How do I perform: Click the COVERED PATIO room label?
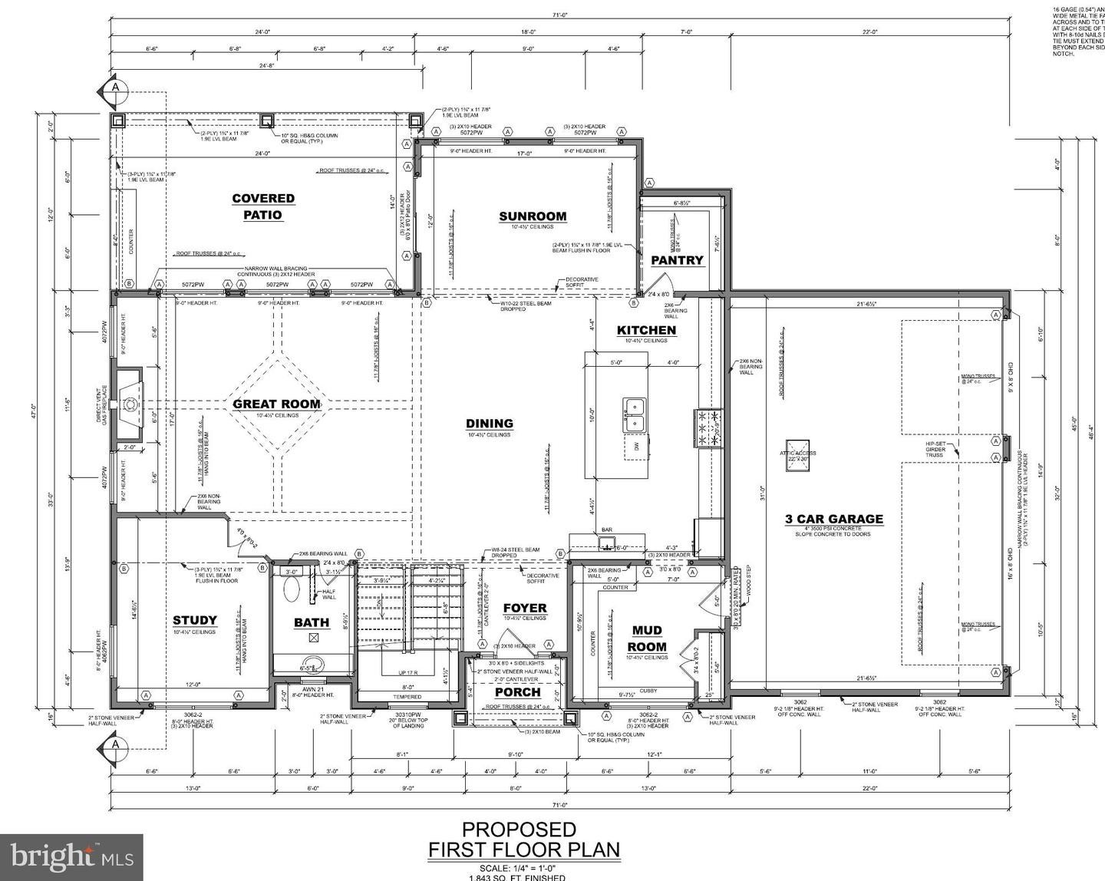[x=263, y=207]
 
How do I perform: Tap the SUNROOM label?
[x=533, y=216]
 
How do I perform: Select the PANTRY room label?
[x=677, y=260]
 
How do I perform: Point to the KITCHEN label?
[x=646, y=330]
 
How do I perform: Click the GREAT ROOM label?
[x=276, y=404]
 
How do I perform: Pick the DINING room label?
[x=490, y=424]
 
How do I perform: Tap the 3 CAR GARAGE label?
[x=833, y=520]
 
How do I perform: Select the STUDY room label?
[x=194, y=620]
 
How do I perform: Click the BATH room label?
[x=312, y=622]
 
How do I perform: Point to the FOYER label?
[x=525, y=608]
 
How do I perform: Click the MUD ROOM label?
[x=647, y=638]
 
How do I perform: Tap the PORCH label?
[x=517, y=692]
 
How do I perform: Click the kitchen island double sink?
[x=634, y=414]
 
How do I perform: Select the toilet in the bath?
[x=292, y=589]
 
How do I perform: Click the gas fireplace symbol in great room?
[x=129, y=403]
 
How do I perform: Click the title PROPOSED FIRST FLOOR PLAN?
[x=524, y=840]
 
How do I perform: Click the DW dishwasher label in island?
[x=635, y=445]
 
